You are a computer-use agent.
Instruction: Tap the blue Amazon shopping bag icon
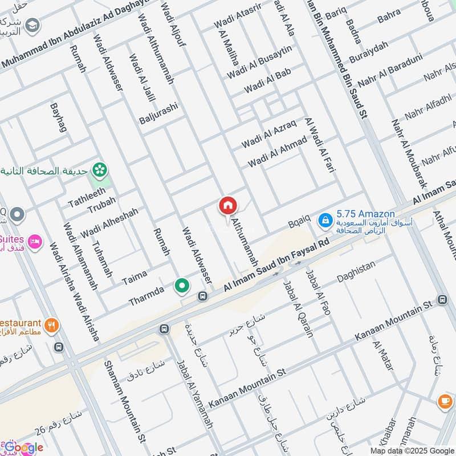(324, 219)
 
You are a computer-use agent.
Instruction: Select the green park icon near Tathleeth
(100, 169)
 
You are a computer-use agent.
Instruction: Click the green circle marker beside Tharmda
(182, 286)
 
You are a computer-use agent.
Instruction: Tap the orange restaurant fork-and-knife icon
(51, 325)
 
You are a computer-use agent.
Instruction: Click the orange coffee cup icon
(445, 401)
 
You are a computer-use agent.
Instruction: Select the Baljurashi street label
(158, 113)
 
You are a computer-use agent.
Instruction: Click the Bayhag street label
(59, 118)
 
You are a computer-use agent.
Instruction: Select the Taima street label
(135, 278)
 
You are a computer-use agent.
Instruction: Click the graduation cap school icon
(33, 25)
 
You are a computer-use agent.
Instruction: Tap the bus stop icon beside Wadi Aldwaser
(202, 296)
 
